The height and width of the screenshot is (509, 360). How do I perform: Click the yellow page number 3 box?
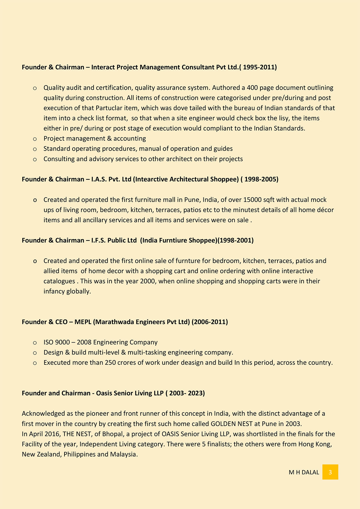(x=330, y=472)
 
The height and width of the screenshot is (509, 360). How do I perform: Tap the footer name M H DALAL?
(x=304, y=472)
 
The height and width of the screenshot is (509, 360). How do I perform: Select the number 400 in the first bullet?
(x=252, y=88)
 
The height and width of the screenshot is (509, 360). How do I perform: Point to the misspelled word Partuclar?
(x=109, y=108)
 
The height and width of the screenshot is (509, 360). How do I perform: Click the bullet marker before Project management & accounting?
(x=35, y=139)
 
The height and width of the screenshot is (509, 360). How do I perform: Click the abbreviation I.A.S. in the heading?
(x=99, y=179)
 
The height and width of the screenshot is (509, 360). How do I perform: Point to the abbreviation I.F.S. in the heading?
(x=98, y=241)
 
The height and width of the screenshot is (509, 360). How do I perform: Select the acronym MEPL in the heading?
(x=83, y=322)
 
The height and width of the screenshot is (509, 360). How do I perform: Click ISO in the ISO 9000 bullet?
(x=48, y=343)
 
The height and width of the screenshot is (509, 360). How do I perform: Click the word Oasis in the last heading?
(x=104, y=393)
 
